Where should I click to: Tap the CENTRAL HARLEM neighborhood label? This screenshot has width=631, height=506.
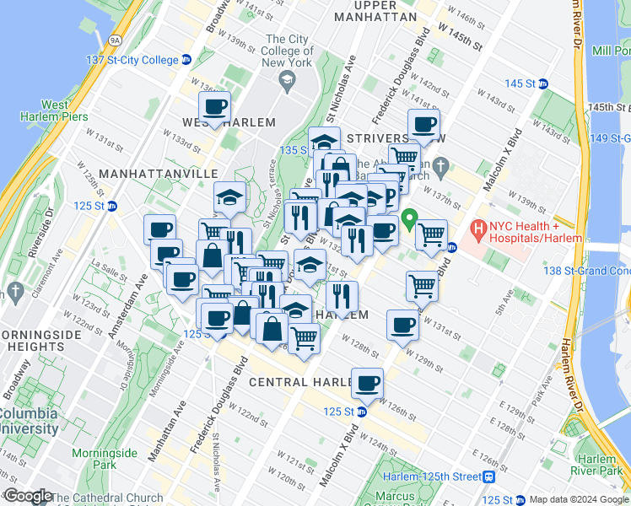click(x=299, y=382)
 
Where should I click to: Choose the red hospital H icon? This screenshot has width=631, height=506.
click(x=477, y=227)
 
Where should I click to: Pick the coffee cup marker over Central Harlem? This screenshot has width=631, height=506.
click(x=367, y=384)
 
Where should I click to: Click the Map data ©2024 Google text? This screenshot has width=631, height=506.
click(x=578, y=499)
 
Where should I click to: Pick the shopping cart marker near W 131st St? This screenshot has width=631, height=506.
click(x=421, y=286)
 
